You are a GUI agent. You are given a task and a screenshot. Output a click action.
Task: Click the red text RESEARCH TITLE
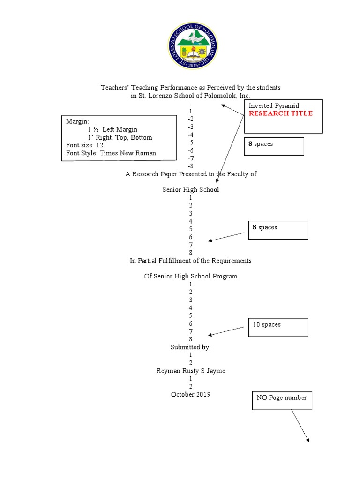(x=280, y=113)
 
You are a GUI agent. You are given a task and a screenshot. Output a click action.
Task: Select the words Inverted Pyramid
(x=274, y=106)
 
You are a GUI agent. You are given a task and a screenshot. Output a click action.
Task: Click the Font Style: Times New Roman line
(x=111, y=153)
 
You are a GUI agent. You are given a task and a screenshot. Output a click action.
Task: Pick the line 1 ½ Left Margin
(x=112, y=129)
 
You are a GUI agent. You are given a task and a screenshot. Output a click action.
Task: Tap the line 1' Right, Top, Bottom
(x=120, y=137)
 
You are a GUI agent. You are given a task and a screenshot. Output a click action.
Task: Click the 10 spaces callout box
(x=278, y=327)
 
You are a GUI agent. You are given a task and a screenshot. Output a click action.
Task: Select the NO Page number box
(x=281, y=401)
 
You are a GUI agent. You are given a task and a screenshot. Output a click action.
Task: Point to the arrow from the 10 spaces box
(x=228, y=331)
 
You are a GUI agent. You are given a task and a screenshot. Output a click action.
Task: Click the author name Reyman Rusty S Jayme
(x=191, y=370)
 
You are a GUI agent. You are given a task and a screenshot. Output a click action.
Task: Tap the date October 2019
(x=191, y=394)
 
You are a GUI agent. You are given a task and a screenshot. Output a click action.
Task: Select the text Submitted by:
(x=190, y=347)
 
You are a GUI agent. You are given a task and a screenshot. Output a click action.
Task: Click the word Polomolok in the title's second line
(x=213, y=96)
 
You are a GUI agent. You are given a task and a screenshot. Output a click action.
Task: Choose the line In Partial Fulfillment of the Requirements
(x=191, y=260)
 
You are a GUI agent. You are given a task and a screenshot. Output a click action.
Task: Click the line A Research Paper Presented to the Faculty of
(x=191, y=174)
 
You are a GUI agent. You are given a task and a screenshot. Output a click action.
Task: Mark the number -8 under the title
(x=190, y=166)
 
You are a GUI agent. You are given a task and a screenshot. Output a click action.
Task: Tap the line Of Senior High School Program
(x=191, y=276)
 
